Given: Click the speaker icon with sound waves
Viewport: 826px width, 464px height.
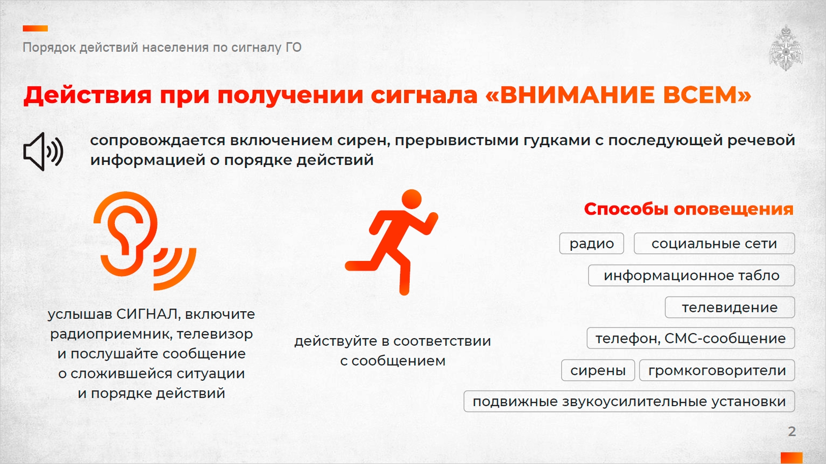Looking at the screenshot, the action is (x=43, y=151).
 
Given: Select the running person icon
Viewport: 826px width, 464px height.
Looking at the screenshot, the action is (x=391, y=242).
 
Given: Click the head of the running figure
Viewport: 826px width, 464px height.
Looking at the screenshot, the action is (x=412, y=200).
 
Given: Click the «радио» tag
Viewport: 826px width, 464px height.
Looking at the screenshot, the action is (x=592, y=243).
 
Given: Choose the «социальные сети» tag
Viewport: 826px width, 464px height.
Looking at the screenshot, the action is (x=714, y=243).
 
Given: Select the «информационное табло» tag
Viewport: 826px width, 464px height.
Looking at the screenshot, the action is (x=691, y=276).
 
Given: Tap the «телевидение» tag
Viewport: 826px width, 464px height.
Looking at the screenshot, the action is (x=730, y=307).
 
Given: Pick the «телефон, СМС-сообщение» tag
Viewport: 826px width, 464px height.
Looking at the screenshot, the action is (x=691, y=338).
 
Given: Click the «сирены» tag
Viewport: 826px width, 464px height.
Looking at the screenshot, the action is (x=598, y=370).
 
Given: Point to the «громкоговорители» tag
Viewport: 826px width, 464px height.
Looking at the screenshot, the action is (x=717, y=370).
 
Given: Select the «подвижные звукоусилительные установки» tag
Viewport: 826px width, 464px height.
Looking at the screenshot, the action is (x=629, y=402).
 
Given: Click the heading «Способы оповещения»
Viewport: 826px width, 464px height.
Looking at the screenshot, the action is (x=688, y=209).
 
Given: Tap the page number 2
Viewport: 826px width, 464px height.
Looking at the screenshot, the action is (x=792, y=431).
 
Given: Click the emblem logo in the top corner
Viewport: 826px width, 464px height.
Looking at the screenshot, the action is (x=786, y=48).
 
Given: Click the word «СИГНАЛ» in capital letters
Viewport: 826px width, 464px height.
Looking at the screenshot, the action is (x=147, y=314).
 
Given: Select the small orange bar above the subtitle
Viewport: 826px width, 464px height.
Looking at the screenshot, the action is (x=36, y=28).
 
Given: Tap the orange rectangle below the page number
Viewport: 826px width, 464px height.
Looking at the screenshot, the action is (x=792, y=458).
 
